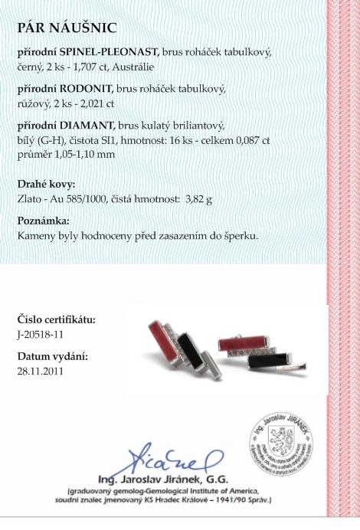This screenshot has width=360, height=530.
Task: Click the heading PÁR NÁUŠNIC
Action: tap(67, 29)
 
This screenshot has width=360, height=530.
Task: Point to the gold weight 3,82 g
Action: tap(198, 198)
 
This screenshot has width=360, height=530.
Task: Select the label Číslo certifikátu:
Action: tap(56, 319)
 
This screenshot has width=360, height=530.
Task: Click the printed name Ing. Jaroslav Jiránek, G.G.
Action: tap(174, 479)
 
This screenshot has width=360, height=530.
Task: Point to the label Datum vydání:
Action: tap(51, 357)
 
